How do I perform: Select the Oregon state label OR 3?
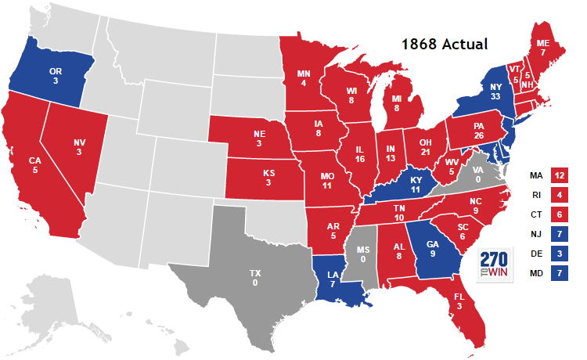click(56, 77)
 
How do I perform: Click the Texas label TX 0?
click(255, 279)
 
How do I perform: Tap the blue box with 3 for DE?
click(559, 254)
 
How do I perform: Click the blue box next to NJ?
click(559, 234)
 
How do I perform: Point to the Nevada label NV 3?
click(79, 147)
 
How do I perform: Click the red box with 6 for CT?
click(559, 214)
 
